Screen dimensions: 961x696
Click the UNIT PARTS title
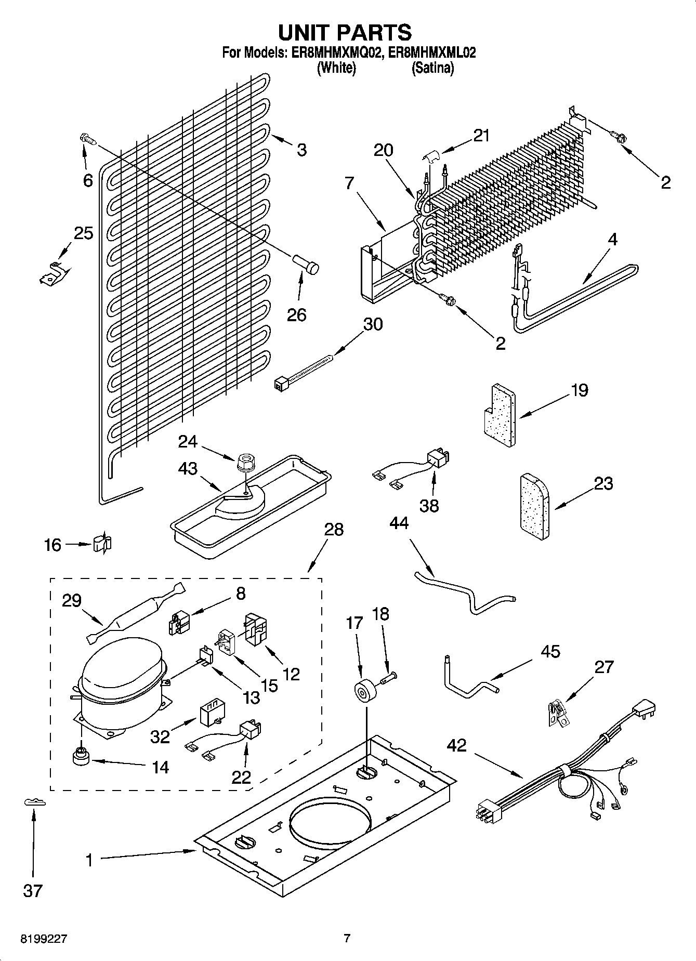(x=345, y=32)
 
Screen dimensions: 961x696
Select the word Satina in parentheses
(x=433, y=68)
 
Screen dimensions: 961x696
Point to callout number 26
(x=297, y=315)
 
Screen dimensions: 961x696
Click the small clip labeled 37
(x=34, y=803)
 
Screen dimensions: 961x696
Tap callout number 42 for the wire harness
(x=456, y=746)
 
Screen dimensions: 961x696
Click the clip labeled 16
(x=102, y=544)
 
